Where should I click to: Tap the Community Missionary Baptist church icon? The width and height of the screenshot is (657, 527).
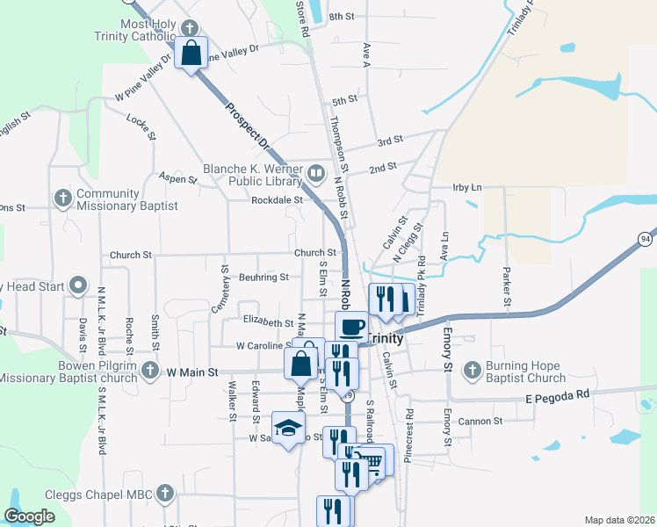click(62, 199)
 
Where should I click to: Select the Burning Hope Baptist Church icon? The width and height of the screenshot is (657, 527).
click(473, 368)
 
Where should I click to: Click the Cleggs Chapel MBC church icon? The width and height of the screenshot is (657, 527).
click(164, 495)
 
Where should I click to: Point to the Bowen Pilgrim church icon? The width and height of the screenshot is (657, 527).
click(151, 370)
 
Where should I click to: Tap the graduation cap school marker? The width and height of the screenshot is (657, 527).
click(286, 428)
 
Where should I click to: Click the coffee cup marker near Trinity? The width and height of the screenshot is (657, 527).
click(351, 327)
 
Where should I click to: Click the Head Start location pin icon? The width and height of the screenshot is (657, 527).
click(78, 285)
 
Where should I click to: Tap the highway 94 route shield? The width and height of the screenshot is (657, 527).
click(646, 239)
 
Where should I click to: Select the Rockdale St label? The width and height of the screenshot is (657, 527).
click(278, 199)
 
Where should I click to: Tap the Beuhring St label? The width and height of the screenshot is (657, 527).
click(264, 278)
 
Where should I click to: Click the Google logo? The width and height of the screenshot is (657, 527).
click(29, 517)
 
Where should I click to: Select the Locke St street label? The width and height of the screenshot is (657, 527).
click(141, 126)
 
